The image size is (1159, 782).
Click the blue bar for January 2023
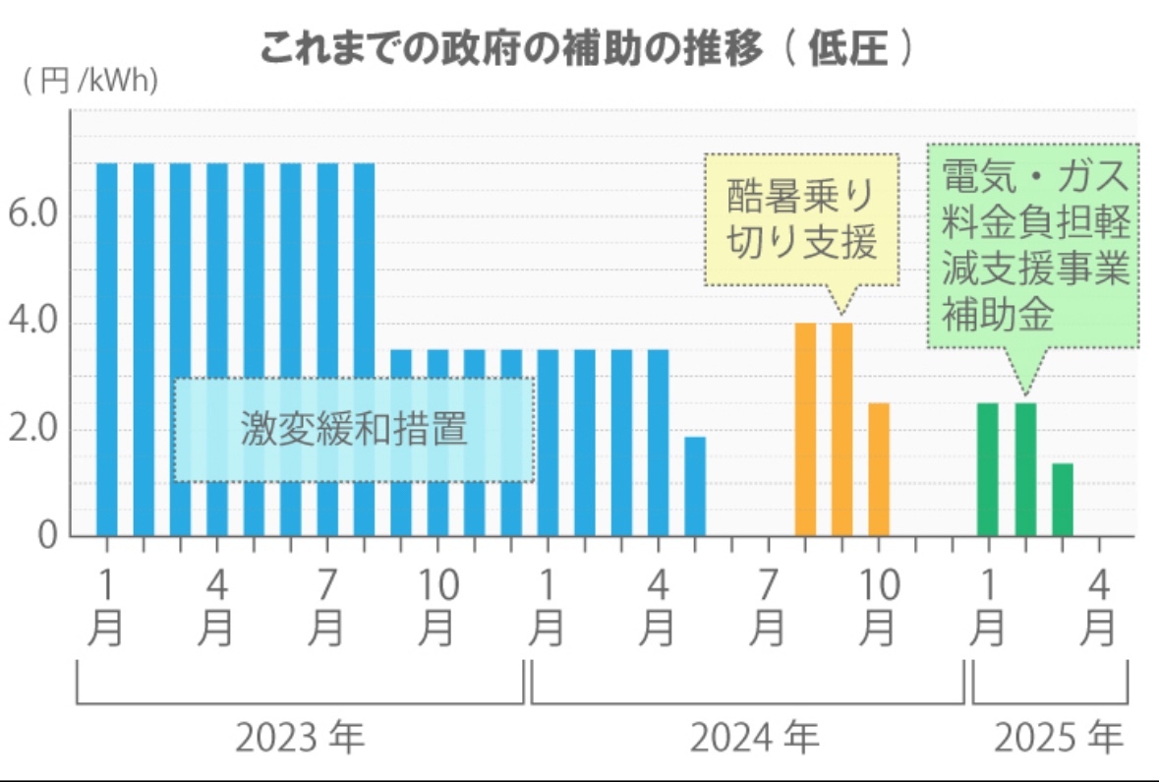107,349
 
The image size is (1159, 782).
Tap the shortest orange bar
879,469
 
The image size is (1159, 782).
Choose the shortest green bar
1062,500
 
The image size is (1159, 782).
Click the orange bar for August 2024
805,429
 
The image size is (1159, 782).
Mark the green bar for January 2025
988,469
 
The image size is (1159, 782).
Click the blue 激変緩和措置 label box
354,430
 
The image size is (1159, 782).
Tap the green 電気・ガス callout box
1034,246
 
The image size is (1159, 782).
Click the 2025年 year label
1057,737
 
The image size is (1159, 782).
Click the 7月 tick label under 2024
769,608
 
